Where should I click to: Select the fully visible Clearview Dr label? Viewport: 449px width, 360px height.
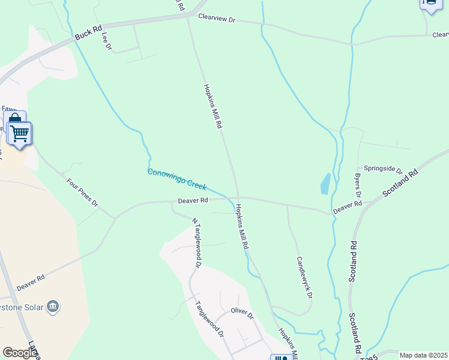(x=217, y=19)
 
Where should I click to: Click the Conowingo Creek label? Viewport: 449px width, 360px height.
(x=177, y=179)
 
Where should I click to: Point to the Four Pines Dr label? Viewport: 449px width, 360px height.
(x=82, y=192)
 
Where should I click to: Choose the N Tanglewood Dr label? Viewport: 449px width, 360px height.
(x=196, y=242)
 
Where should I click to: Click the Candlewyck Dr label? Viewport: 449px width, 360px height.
(x=304, y=278)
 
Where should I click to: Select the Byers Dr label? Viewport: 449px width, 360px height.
(x=358, y=186)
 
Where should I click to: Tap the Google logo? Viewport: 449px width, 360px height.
(x=20, y=353)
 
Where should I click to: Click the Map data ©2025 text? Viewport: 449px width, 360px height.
(x=423, y=355)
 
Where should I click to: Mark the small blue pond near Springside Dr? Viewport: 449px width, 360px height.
(x=325, y=184)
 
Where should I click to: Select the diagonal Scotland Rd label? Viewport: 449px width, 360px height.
(x=400, y=184)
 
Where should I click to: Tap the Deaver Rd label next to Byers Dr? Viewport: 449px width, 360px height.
(x=347, y=206)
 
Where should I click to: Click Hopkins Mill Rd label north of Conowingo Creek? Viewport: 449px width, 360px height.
(x=213, y=107)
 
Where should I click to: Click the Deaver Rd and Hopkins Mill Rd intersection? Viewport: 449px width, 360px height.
(x=238, y=197)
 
